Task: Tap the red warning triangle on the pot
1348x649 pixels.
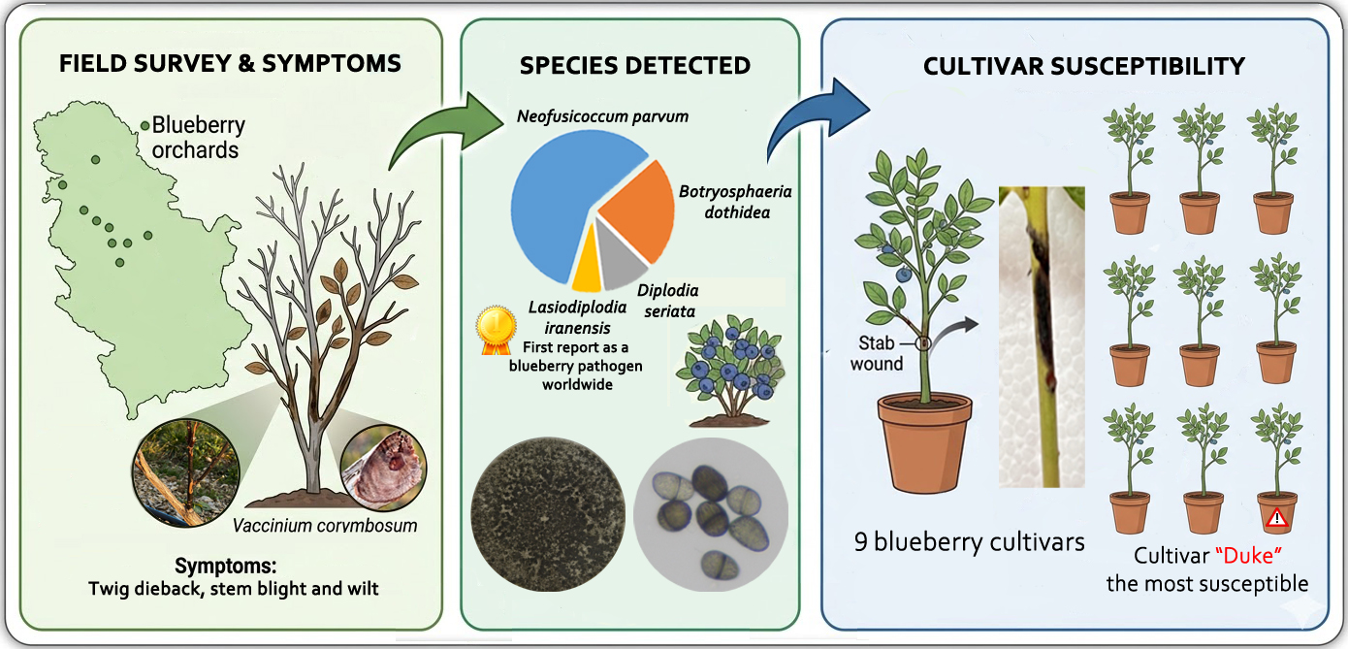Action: pyautogui.click(x=1276, y=518)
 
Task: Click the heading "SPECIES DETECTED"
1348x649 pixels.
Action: pyautogui.click(x=634, y=66)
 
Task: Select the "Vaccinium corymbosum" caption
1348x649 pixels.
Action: pyautogui.click(x=325, y=526)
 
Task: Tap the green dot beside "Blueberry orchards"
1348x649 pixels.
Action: pyautogui.click(x=144, y=125)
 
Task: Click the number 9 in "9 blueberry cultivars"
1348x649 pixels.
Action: pyautogui.click(x=862, y=541)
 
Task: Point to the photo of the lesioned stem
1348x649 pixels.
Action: pyautogui.click(x=1043, y=335)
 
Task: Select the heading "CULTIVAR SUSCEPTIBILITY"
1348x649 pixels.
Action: pyautogui.click(x=1083, y=66)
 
